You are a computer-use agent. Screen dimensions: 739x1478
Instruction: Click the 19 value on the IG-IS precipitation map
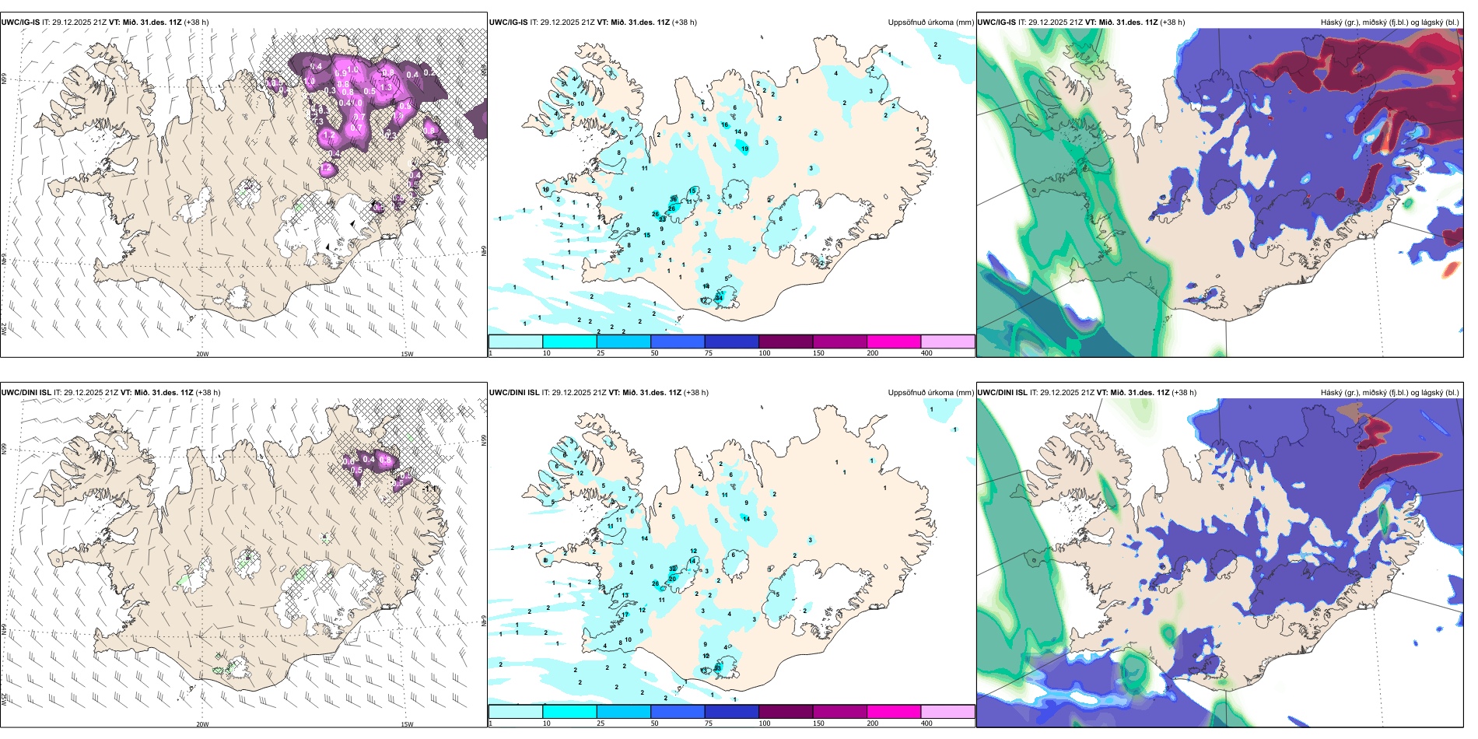pos(744,149)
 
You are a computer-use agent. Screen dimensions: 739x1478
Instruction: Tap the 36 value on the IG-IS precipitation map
pos(673,200)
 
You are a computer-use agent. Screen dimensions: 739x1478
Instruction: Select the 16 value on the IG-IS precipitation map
pos(724,124)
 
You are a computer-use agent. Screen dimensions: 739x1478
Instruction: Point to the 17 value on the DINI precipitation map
pos(625,615)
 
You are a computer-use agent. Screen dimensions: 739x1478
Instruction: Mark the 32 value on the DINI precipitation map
pos(673,569)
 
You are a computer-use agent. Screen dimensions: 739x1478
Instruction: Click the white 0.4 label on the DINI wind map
pos(369,459)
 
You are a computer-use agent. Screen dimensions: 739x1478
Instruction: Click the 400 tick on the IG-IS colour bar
pos(926,353)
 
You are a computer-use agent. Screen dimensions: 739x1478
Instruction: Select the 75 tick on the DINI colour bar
pos(709,723)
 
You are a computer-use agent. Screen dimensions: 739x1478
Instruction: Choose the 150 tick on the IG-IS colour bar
pos(818,353)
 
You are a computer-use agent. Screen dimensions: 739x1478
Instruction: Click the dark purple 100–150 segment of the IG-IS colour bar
pos(785,341)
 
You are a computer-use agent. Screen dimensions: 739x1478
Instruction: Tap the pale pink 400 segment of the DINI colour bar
pos(947,712)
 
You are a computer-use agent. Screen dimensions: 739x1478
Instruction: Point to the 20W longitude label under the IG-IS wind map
pos(202,354)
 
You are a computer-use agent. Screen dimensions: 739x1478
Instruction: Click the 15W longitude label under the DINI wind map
pos(407,724)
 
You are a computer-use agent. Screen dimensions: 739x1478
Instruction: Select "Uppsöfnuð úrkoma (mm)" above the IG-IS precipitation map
pos(930,23)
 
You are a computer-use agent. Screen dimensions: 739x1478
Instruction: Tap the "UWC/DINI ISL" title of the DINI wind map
pos(26,393)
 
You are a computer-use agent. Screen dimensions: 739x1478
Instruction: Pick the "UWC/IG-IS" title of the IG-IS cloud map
pos(996,23)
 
